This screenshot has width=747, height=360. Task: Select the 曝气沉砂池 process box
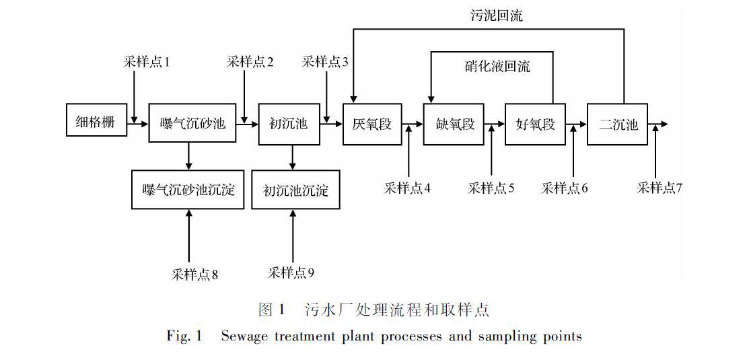pyautogui.click(x=192, y=124)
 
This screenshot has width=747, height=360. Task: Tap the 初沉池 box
pyautogui.click(x=288, y=124)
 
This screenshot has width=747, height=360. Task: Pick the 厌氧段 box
pyautogui.click(x=371, y=124)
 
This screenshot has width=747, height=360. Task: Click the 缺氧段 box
pyautogui.click(x=455, y=124)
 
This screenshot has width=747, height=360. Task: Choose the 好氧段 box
pyautogui.click(x=536, y=124)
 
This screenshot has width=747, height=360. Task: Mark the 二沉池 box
pyautogui.click(x=618, y=124)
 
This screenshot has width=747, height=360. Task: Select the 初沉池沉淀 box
pyautogui.click(x=295, y=190)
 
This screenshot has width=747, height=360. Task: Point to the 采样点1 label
pyautogui.click(x=146, y=62)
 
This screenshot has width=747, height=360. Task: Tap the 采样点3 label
pyautogui.click(x=325, y=62)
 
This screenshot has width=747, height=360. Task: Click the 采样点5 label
pyautogui.click(x=491, y=188)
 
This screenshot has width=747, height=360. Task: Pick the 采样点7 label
pyautogui.click(x=660, y=188)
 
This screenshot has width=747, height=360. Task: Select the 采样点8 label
pyautogui.click(x=194, y=274)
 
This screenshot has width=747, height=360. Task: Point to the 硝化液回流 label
pyautogui.click(x=497, y=66)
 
